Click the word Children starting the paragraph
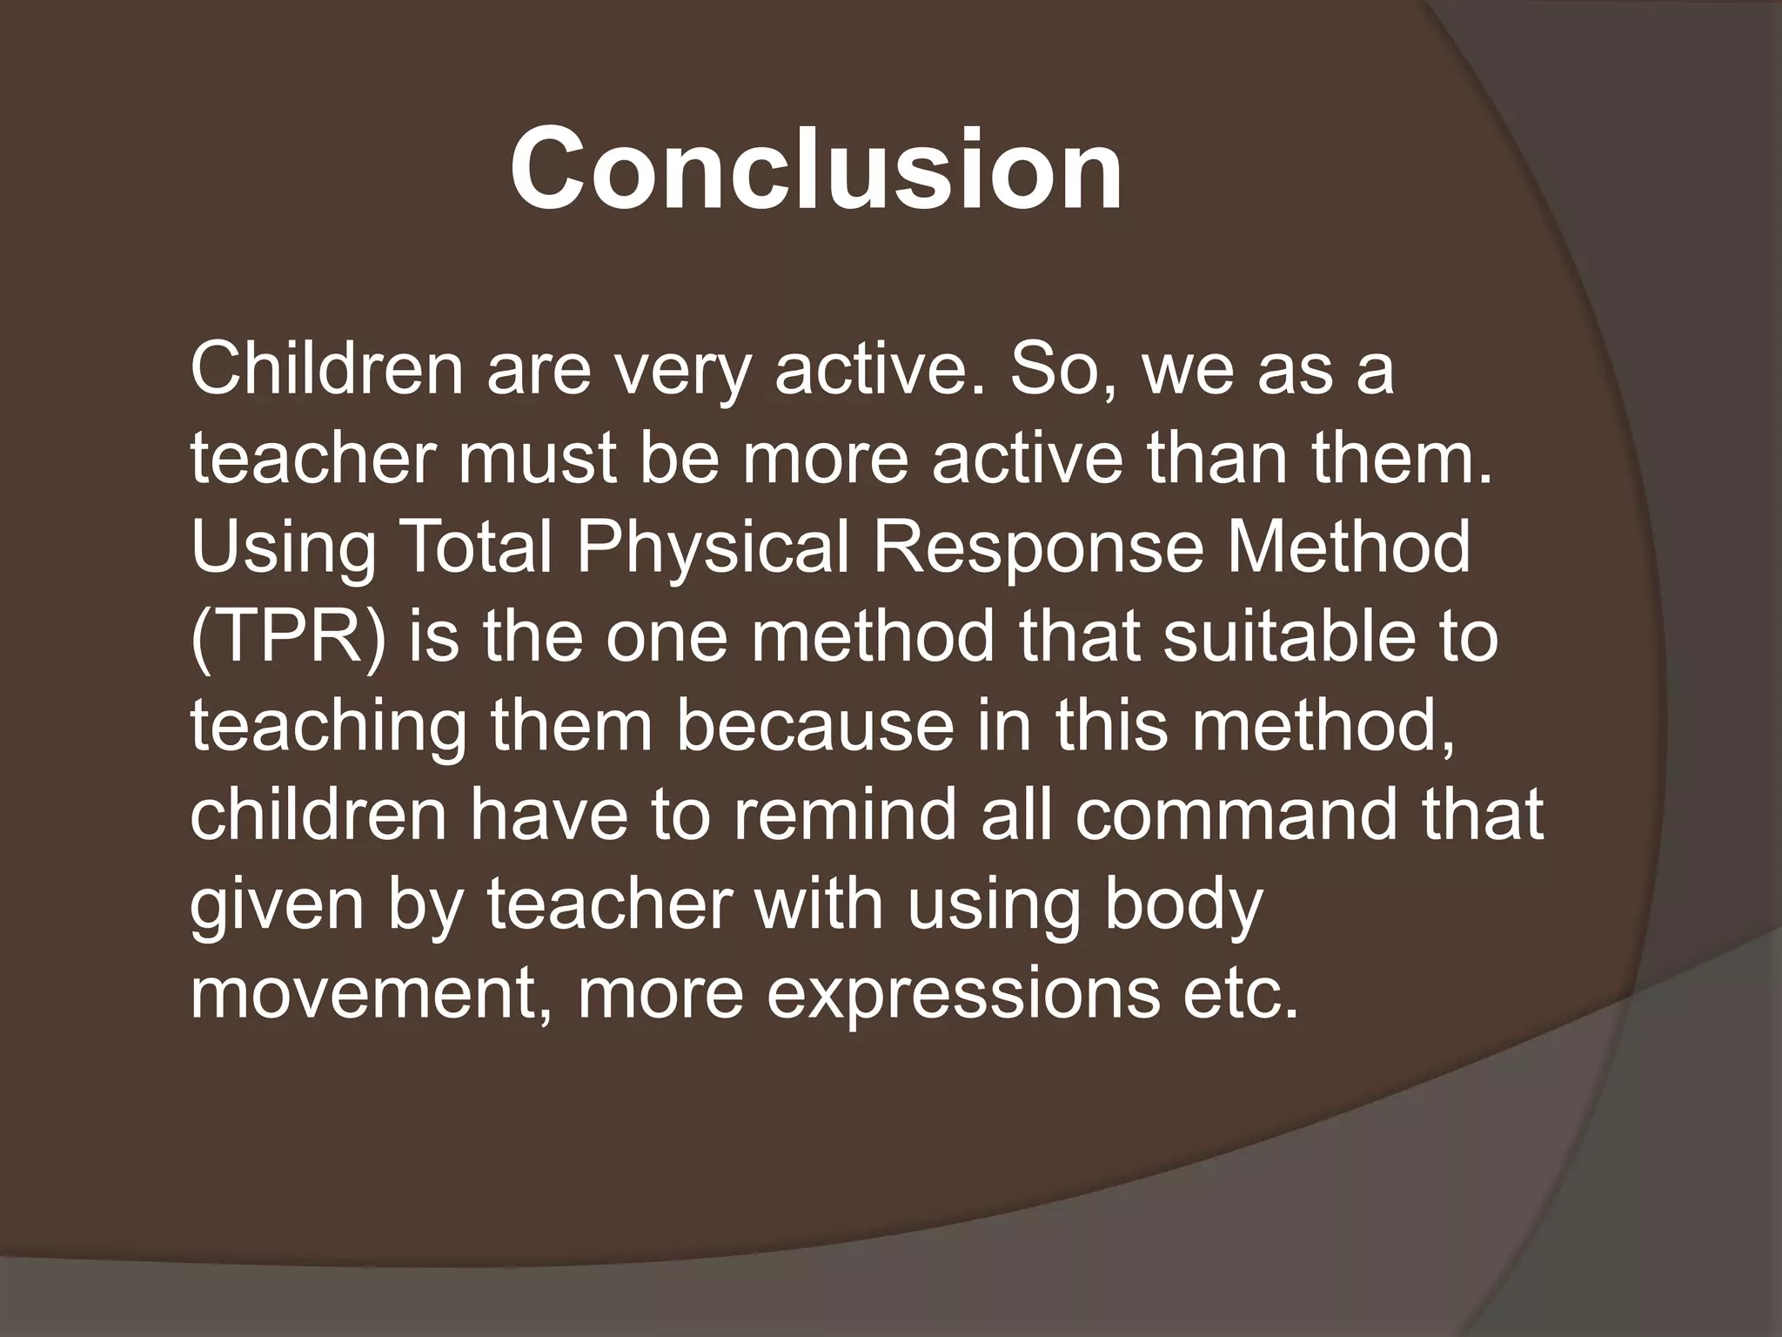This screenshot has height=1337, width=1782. (x=327, y=369)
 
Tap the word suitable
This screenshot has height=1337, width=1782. (x=1287, y=635)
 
